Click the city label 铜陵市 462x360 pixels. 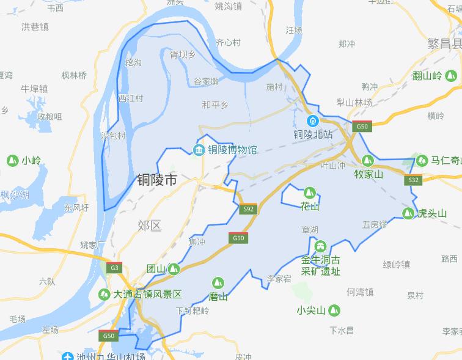tap(156, 180)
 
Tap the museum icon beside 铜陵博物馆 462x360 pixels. tap(199, 150)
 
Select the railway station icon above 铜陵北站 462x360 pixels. tap(312, 121)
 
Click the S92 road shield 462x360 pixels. tap(248, 208)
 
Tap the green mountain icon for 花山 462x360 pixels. tap(310, 193)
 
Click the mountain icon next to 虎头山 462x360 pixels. tap(408, 213)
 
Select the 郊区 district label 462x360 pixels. tap(150, 226)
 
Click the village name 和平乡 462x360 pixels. tap(215, 105)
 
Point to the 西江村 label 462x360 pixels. tap(130, 98)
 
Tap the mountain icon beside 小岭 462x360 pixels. tap(12, 161)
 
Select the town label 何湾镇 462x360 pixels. tap(360, 292)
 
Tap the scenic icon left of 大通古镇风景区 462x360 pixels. tap(105, 294)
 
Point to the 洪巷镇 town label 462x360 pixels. tap(35, 27)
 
